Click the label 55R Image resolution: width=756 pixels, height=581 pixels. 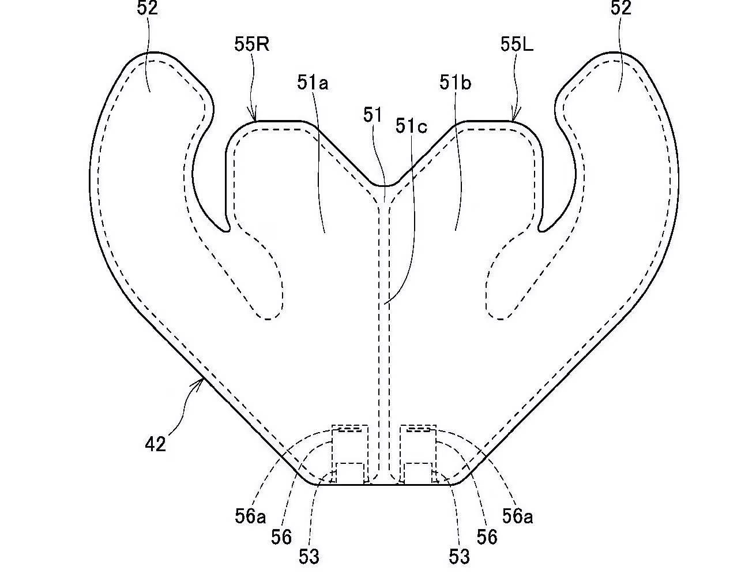coord(251,45)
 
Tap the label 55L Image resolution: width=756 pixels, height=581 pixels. coord(517,45)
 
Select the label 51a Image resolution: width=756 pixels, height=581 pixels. coord(313,83)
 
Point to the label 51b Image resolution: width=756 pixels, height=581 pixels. coord(455,83)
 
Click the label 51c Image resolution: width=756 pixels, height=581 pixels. coord(411,126)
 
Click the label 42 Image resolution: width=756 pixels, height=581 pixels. coord(156,444)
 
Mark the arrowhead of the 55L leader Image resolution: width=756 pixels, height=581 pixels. coord(514,119)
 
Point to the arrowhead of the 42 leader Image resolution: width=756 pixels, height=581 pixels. coord(202,378)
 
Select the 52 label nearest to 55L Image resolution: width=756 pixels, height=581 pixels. coord(620,8)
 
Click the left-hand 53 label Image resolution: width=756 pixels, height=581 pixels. coord(309,557)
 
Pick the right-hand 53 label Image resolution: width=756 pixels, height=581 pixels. coord(458,557)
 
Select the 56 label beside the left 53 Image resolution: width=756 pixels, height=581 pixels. coord(281,537)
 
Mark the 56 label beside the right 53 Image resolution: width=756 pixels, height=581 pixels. coord(487,537)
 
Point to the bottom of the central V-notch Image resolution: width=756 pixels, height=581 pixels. coord(385,186)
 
